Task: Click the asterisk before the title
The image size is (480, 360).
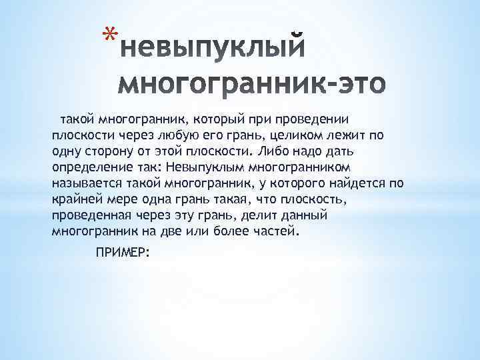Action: (x=112, y=34)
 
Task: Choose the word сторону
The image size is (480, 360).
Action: (x=105, y=152)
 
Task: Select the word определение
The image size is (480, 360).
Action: (x=95, y=168)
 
